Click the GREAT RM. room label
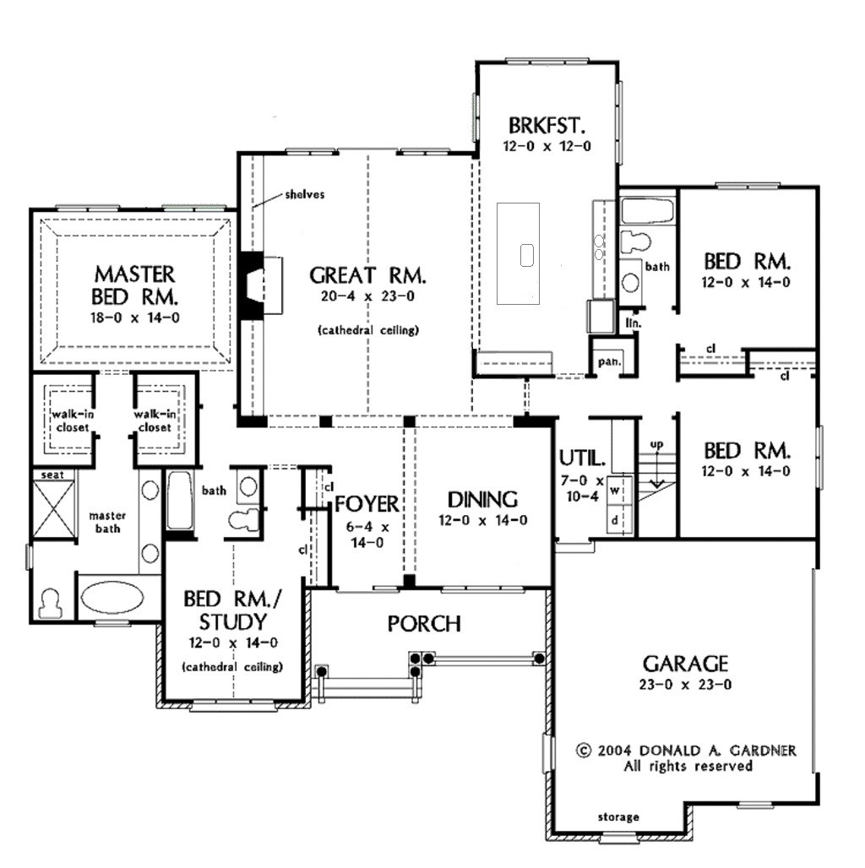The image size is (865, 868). (367, 275)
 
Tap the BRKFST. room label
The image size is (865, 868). (547, 126)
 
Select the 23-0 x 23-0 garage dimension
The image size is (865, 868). (685, 685)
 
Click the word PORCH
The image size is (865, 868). (424, 624)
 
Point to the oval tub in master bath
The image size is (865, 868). (112, 597)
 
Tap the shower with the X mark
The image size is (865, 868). (53, 509)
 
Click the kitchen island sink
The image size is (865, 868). (526, 255)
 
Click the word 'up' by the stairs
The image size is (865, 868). (656, 444)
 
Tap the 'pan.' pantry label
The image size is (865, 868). (609, 362)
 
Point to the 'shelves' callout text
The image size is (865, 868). (305, 194)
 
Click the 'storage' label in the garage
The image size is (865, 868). (618, 817)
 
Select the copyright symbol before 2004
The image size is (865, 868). (583, 751)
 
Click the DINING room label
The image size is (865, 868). (482, 500)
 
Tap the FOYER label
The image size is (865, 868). (367, 504)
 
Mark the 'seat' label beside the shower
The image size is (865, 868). (52, 475)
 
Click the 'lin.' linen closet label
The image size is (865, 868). (633, 323)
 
